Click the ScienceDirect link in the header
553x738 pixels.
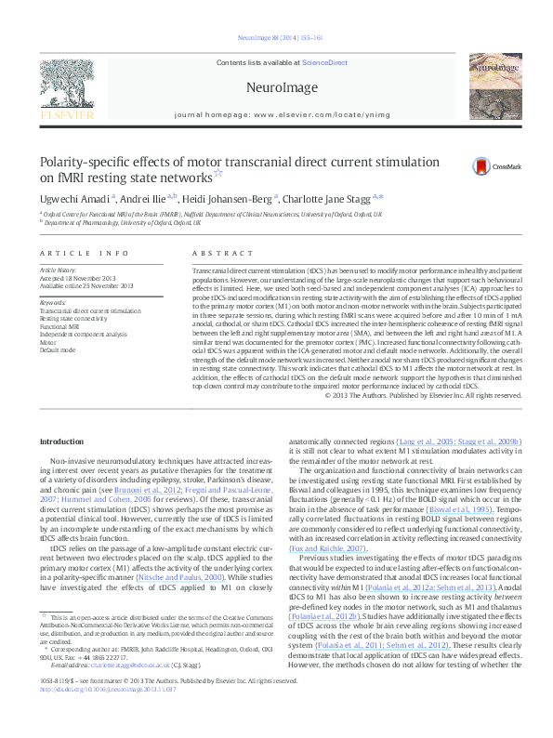(325, 61)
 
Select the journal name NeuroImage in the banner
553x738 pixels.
(275, 86)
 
